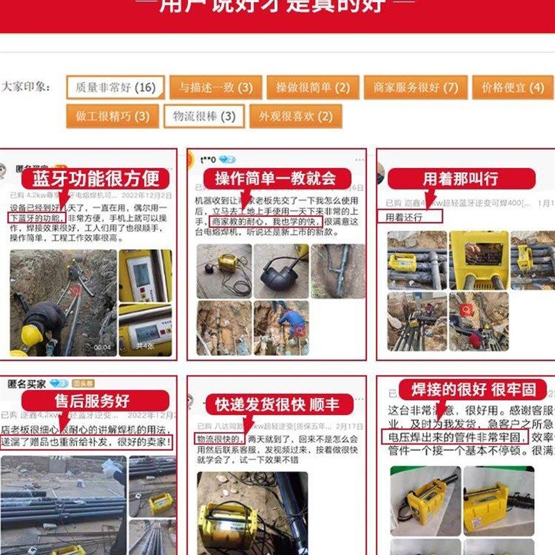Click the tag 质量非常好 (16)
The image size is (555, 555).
(x=116, y=87)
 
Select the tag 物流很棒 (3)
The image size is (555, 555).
(x=204, y=116)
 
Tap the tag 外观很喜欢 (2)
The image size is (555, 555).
(x=296, y=116)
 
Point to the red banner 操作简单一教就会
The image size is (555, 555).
(x=275, y=178)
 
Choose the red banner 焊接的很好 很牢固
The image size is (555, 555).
(x=472, y=389)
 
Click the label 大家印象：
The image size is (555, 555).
(x=26, y=87)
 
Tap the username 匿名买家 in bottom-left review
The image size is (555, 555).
(x=26, y=383)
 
